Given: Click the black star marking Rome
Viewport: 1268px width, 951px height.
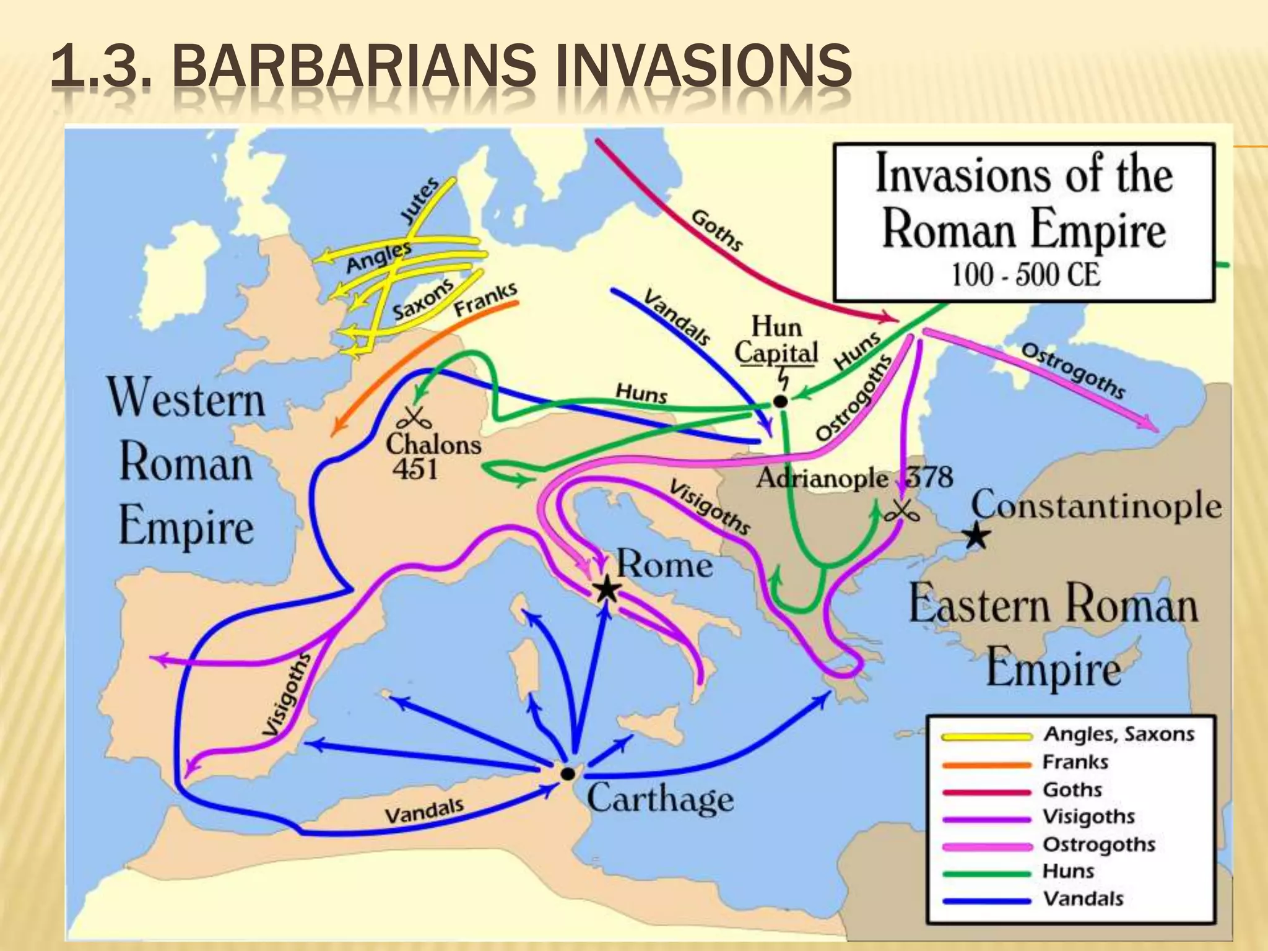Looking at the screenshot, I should pyautogui.click(x=607, y=589).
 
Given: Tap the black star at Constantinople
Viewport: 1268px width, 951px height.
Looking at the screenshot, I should pyautogui.click(x=976, y=536).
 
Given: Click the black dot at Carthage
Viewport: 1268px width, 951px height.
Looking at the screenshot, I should pyautogui.click(x=567, y=773).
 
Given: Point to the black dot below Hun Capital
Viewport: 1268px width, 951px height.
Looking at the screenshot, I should pyautogui.click(x=781, y=401).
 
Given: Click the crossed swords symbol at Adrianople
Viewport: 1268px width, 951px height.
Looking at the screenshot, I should pyautogui.click(x=901, y=511).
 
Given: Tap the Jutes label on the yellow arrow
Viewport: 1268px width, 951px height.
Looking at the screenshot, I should pyautogui.click(x=419, y=200).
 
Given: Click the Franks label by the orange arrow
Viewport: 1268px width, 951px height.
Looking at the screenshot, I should pyautogui.click(x=486, y=299).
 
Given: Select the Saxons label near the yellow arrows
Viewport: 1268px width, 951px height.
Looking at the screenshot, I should pyautogui.click(x=423, y=299).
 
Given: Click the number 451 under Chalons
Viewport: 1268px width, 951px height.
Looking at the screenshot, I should pyautogui.click(x=415, y=469).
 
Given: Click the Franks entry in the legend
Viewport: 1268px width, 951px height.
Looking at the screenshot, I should pyautogui.click(x=1075, y=762).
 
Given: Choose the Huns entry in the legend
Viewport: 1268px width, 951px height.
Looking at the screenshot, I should pyautogui.click(x=1069, y=871).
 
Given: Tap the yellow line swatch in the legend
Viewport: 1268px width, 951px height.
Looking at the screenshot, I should pyautogui.click(x=986, y=737).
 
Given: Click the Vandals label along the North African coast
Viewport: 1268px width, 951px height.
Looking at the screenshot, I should pyautogui.click(x=424, y=811).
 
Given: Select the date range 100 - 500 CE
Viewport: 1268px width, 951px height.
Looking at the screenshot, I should pyautogui.click(x=1025, y=274).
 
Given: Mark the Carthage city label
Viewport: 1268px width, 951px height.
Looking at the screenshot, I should pyautogui.click(x=660, y=798).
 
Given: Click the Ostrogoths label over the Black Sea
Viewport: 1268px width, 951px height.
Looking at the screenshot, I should pyautogui.click(x=1072, y=370).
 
